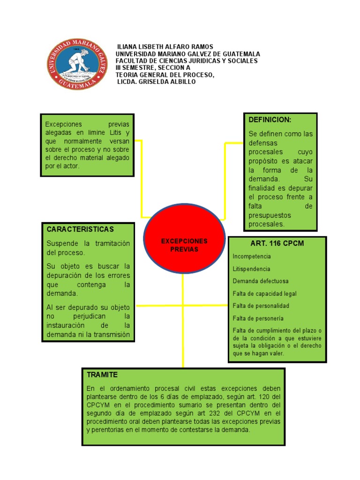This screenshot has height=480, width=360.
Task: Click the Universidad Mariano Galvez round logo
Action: (x=76, y=64)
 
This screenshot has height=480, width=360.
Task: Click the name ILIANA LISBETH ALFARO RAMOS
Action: (x=165, y=47)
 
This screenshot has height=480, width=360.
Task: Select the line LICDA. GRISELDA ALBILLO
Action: (x=156, y=82)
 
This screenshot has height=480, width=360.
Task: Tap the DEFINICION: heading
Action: (x=270, y=120)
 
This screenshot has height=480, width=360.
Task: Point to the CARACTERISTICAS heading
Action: (x=80, y=229)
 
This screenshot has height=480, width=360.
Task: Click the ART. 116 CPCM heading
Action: (x=277, y=243)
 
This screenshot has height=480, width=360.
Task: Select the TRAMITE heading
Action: (x=102, y=375)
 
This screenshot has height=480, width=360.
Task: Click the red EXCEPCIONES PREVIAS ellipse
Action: (x=184, y=245)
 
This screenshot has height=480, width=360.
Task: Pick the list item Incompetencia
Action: (x=252, y=257)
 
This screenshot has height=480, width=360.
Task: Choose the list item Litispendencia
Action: (x=251, y=269)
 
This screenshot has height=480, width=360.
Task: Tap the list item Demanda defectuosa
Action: (x=261, y=281)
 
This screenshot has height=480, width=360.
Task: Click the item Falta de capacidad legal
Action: (x=264, y=294)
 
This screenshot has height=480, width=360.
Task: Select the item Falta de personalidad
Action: (x=261, y=306)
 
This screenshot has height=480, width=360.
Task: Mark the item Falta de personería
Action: (x=258, y=318)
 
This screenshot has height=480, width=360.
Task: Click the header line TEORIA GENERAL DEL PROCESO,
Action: (x=165, y=75)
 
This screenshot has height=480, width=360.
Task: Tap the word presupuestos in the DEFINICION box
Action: (x=270, y=215)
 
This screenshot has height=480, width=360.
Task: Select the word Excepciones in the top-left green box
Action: (x=64, y=124)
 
